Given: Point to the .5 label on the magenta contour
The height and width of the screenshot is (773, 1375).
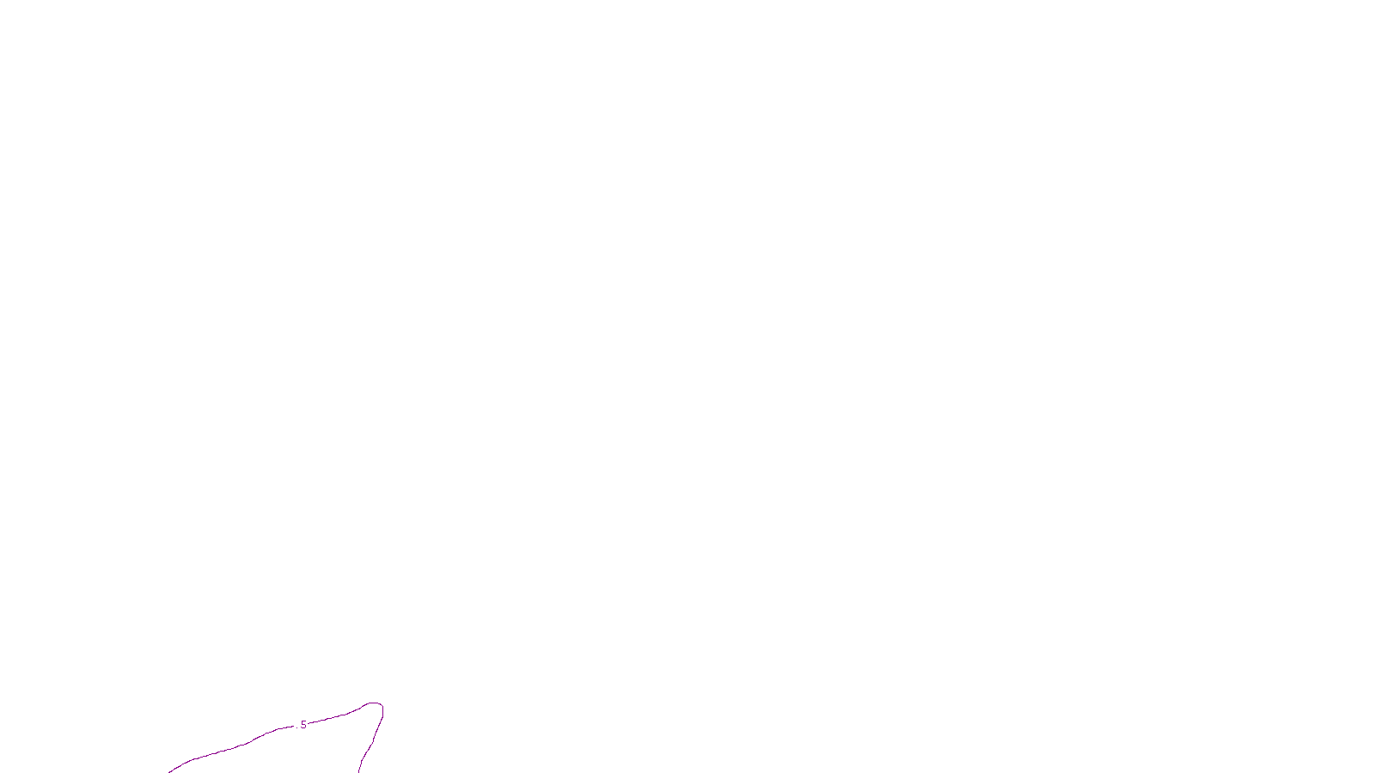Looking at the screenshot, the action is point(302,725).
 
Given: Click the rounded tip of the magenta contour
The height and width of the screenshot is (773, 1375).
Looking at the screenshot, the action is point(375,703).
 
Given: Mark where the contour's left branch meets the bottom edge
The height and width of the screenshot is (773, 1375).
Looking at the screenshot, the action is point(169,771).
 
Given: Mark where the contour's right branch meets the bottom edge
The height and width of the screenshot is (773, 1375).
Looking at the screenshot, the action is point(359,771).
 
